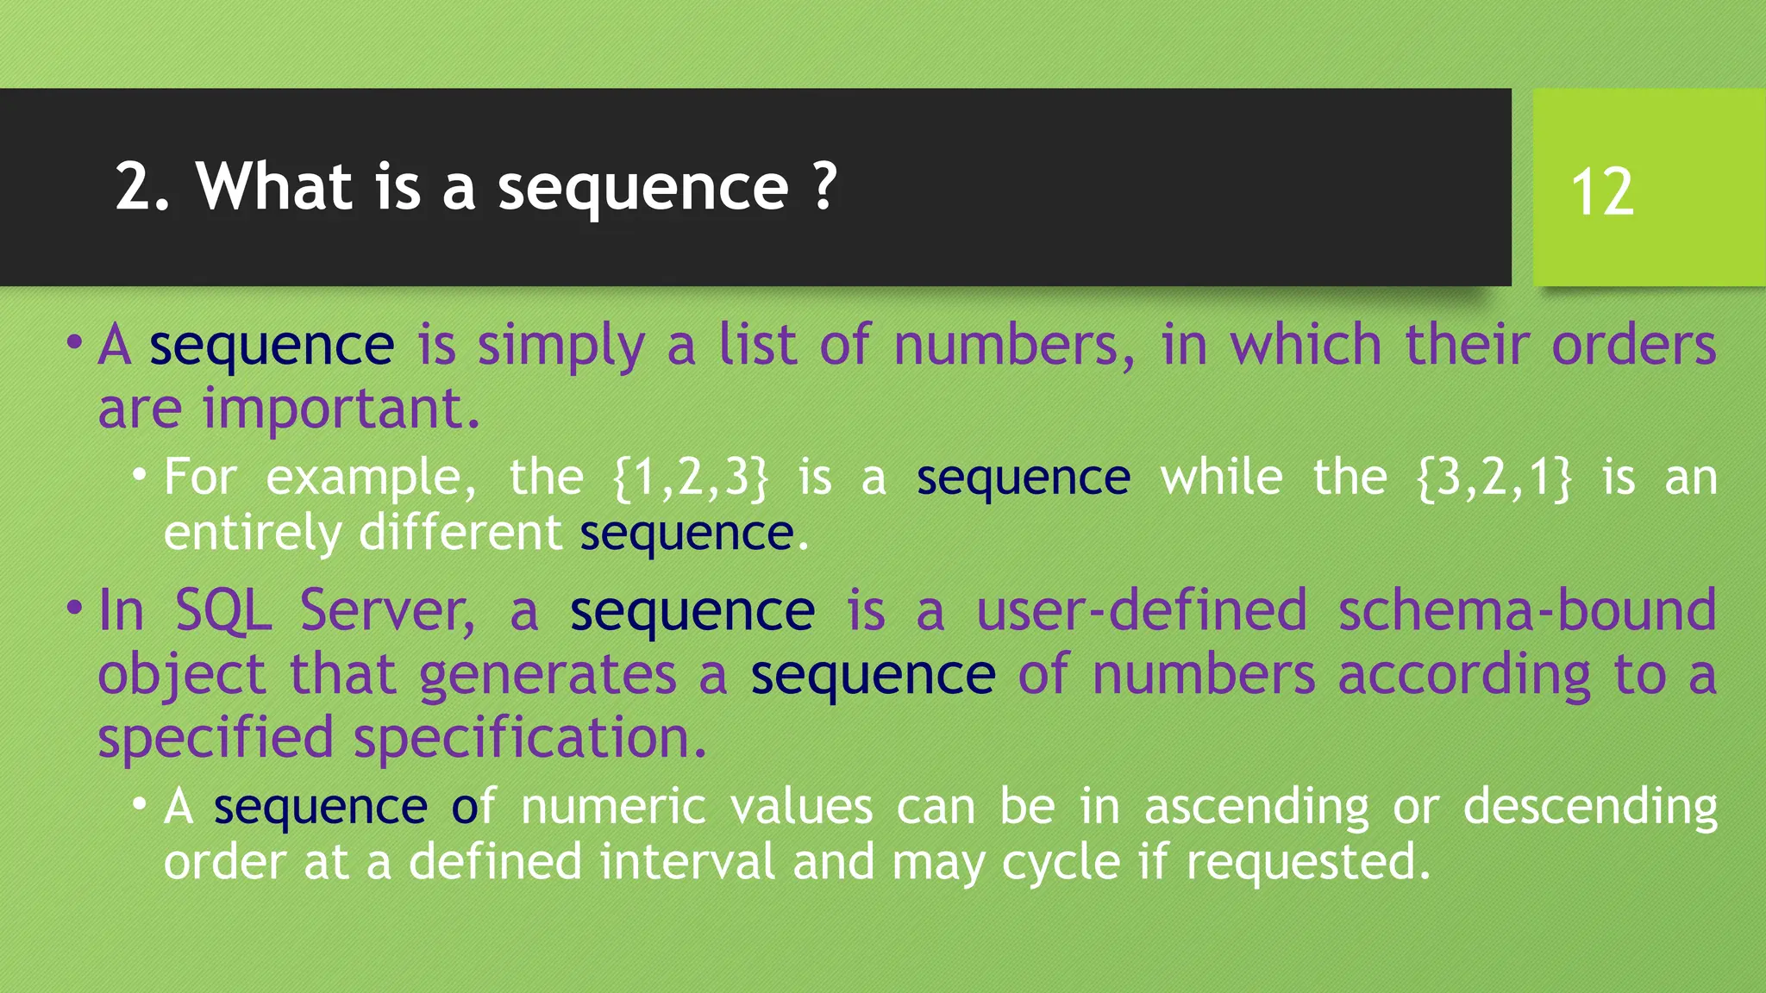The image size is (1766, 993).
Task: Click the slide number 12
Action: (1601, 191)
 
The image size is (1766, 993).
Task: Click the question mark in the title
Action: (824, 185)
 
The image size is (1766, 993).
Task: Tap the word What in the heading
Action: (274, 185)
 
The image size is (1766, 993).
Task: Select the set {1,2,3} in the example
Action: (690, 478)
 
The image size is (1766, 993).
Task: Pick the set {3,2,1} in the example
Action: (1494, 478)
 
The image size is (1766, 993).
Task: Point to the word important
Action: (341, 409)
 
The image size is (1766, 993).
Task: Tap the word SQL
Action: (223, 610)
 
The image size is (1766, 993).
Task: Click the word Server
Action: (387, 610)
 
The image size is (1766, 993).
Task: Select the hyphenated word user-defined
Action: (1142, 610)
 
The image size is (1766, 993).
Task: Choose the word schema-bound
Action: (1527, 610)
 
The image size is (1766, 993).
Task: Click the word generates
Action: (548, 674)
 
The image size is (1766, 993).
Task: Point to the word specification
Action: (530, 738)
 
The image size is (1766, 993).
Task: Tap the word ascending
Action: (1256, 809)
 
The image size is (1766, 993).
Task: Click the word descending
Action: (1590, 809)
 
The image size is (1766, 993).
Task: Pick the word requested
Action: (1308, 863)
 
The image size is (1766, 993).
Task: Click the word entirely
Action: (253, 534)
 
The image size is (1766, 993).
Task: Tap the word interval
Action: (687, 862)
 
